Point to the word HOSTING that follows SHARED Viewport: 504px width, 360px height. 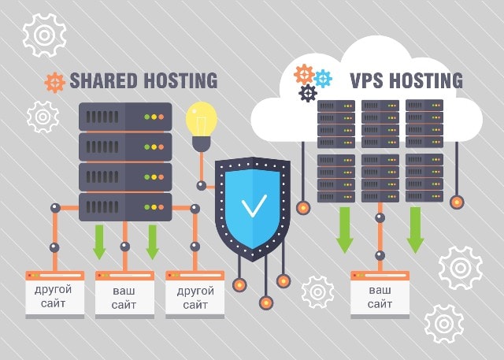(182, 80)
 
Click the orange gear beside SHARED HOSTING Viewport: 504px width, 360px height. (54, 82)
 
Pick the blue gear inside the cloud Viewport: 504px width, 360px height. (323, 78)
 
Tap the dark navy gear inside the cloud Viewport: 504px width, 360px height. (308, 94)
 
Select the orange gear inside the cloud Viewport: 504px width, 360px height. (304, 75)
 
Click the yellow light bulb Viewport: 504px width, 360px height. (201, 120)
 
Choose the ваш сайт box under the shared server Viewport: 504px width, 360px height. (124, 296)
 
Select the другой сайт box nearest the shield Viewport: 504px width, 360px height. (195, 296)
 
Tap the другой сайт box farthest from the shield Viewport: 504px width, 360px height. (54, 296)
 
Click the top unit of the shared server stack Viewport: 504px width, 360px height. (125, 117)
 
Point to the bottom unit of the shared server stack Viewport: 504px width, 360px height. (125, 206)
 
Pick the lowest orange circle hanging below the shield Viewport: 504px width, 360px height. (265, 302)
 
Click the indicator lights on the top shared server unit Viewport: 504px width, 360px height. (155, 117)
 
